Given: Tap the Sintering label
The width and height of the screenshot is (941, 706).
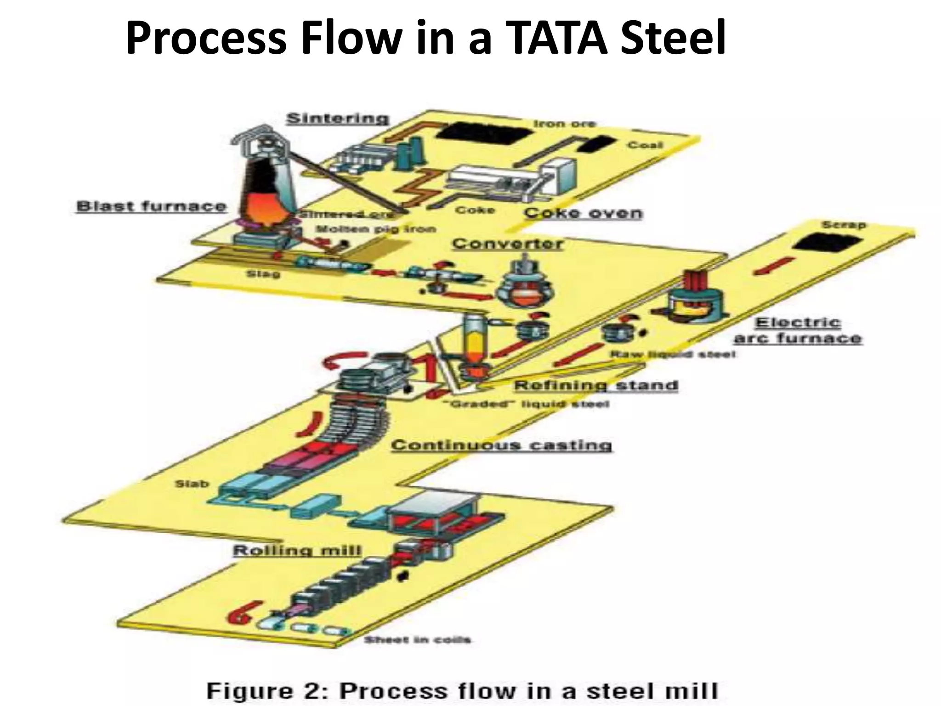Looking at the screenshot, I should point(338,119).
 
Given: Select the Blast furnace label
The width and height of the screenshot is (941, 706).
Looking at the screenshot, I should point(152,206).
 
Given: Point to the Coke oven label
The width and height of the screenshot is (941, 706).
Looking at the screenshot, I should point(583,213).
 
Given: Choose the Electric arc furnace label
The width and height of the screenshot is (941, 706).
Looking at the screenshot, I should point(798,330).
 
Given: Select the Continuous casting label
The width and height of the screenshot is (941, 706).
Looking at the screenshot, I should point(501,445).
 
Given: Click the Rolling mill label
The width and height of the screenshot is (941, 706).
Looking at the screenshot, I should point(297,551).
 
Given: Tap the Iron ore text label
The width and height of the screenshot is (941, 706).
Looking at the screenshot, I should point(564,124).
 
